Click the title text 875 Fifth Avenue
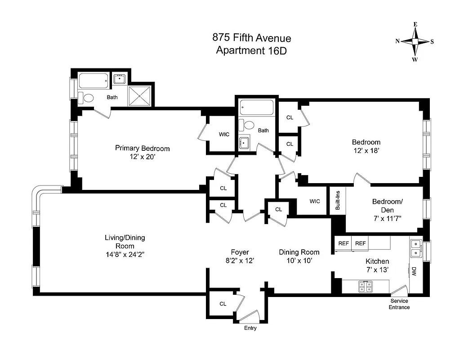(x=251, y=38)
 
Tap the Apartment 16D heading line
(x=251, y=50)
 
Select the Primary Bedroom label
(x=142, y=148)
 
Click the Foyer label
(x=240, y=252)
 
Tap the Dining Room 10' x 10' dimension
(x=299, y=260)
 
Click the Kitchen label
(x=377, y=261)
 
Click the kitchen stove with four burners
(x=365, y=287)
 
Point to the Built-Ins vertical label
(x=338, y=200)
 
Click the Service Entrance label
(x=399, y=304)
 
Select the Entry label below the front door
(x=250, y=328)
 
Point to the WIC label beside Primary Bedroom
(x=224, y=135)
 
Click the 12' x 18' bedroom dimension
(x=366, y=151)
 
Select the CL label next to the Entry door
(x=223, y=304)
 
